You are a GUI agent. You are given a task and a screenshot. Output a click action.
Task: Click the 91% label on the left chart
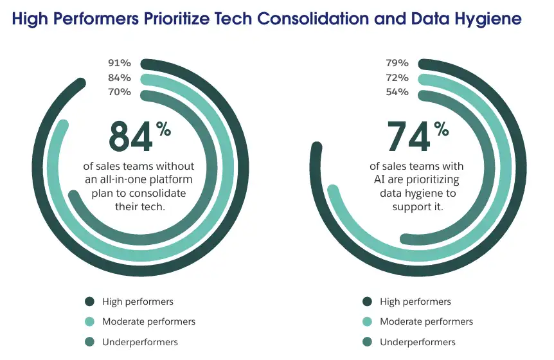point(120,63)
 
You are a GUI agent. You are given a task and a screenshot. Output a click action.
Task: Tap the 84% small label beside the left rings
point(120,78)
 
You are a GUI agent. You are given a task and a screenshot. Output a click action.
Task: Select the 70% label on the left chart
point(120,92)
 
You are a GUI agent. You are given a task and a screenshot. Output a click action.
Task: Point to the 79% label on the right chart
point(397,63)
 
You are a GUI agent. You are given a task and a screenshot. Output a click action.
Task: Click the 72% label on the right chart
point(397,78)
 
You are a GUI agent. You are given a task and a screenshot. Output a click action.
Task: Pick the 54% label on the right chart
point(397,92)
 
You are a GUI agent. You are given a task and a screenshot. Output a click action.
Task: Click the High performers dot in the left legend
point(90,301)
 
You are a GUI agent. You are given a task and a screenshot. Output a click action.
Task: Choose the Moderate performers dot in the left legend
point(90,321)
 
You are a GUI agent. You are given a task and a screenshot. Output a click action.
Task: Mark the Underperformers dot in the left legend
point(90,342)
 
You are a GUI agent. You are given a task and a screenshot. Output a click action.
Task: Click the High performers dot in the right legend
point(368,301)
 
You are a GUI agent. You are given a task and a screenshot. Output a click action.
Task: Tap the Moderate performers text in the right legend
point(426,321)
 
